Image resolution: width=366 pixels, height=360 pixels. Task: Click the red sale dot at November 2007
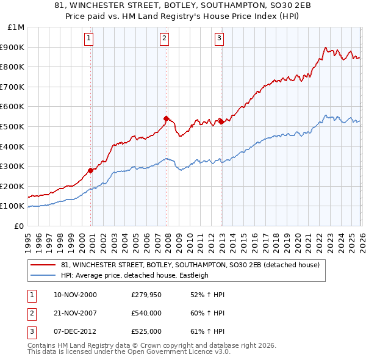tap(166, 118)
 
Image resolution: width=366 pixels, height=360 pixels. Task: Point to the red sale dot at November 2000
tap(91, 170)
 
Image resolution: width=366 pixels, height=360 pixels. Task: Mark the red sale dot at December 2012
tap(221, 121)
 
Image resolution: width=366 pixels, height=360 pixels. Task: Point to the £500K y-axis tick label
tap(13, 126)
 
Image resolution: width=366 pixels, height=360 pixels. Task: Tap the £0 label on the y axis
tap(19, 226)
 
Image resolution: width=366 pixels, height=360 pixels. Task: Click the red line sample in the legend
tap(43, 265)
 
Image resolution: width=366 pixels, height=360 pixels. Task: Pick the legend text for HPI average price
tap(134, 275)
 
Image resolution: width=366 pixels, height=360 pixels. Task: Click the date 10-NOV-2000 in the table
tap(75, 295)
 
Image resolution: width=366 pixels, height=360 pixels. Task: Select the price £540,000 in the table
tap(146, 313)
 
